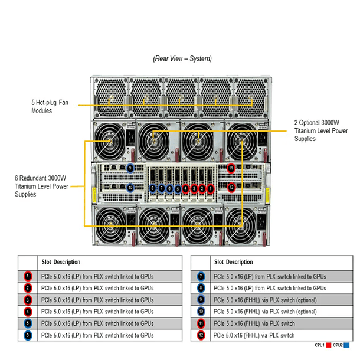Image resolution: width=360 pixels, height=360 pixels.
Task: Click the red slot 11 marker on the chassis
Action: coord(231,168)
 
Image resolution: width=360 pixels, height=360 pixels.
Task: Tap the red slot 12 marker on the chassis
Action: coord(231,187)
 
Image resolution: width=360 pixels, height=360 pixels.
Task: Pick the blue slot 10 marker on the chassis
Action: coord(130,188)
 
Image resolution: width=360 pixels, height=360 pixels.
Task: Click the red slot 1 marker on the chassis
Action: coord(211,188)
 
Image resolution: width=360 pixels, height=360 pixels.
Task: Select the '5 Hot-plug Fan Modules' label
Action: coord(50,106)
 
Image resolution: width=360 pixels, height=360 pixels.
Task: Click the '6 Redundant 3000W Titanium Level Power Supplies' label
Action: coord(42,185)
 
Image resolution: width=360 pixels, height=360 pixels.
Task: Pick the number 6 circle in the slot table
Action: coord(28,335)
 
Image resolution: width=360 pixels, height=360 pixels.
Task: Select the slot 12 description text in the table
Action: coord(254,335)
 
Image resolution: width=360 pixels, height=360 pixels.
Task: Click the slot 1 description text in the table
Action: coord(97,276)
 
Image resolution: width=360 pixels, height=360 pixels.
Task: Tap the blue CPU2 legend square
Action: coord(346,345)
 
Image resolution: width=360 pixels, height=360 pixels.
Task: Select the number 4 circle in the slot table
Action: coord(28,312)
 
